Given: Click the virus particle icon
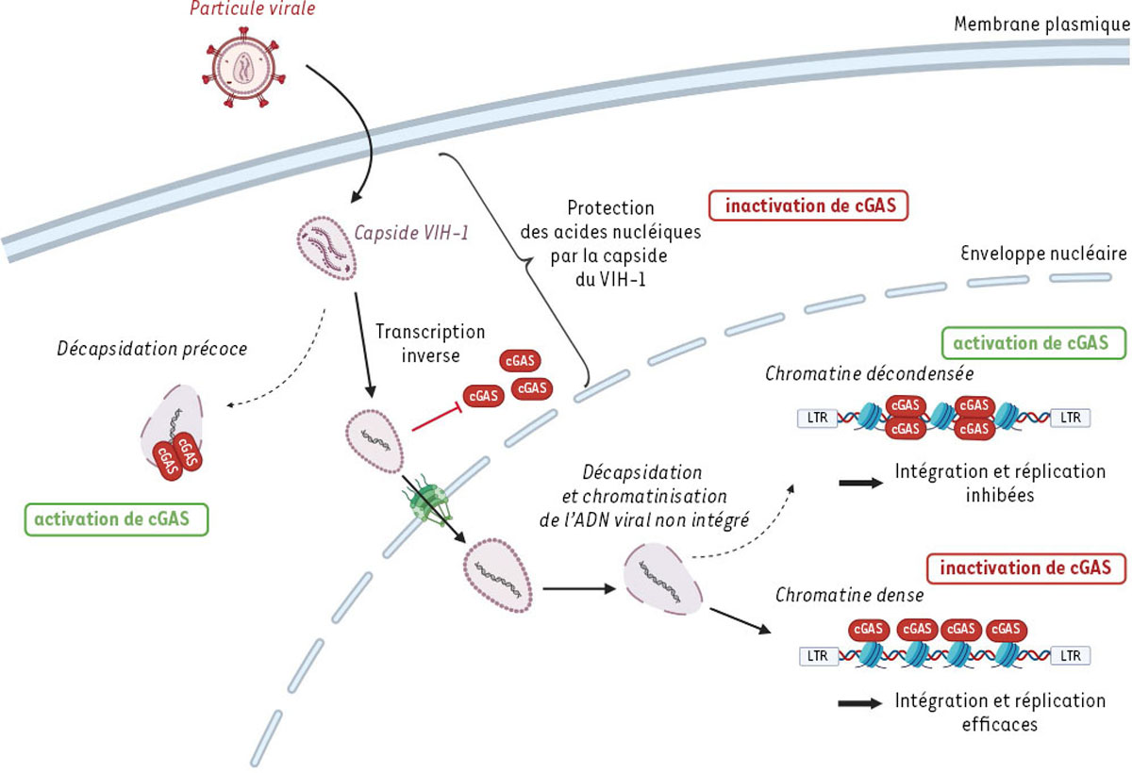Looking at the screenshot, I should point(244,74).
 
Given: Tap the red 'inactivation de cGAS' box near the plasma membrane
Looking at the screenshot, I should point(808,206).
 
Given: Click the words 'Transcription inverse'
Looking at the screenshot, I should point(430,344).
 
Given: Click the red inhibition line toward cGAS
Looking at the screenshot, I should point(435,407).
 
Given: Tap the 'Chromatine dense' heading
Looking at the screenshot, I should point(849,595).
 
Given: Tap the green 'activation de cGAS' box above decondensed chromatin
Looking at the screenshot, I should point(1033,342).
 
